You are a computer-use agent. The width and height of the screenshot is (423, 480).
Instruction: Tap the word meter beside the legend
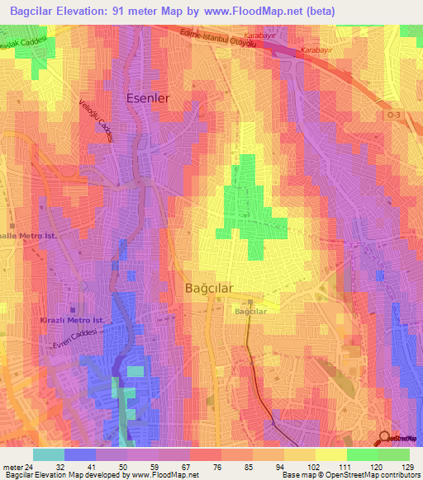12,466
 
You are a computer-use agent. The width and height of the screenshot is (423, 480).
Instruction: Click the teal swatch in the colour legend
48,454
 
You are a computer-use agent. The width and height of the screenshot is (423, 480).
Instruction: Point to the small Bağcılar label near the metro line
249,312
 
